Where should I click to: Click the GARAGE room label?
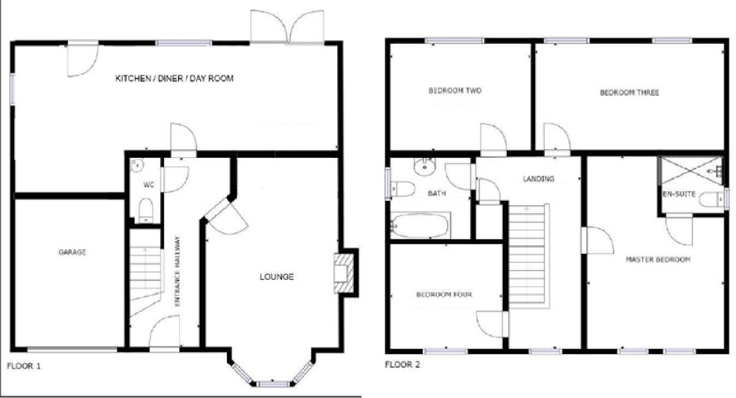point(72,252)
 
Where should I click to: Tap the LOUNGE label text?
point(276,277)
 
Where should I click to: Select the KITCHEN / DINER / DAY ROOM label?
point(174,79)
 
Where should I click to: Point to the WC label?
point(149,185)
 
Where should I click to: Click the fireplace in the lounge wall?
point(344,273)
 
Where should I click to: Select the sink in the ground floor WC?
point(136,163)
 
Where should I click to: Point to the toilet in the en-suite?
point(711,200)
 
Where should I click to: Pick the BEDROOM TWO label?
point(455,91)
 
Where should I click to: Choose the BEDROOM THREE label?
point(629,93)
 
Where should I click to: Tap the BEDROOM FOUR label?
point(444,295)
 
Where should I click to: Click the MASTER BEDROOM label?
point(657,260)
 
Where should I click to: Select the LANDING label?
point(538,179)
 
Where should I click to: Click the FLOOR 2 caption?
point(402,365)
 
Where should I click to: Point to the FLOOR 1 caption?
point(23,366)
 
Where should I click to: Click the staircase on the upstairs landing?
point(527,257)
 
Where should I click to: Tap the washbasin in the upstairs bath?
point(424,166)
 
